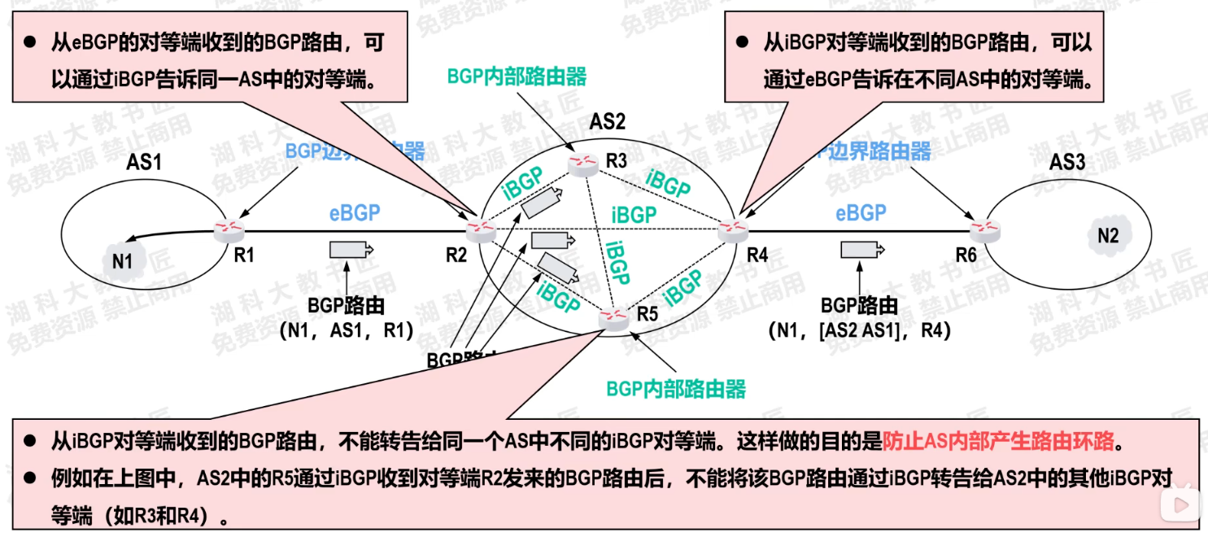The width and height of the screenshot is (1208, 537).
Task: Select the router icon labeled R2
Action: pyautogui.click(x=482, y=231)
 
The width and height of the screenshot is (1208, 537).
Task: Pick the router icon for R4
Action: pyautogui.click(x=734, y=231)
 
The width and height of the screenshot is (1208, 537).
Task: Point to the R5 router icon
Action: pyautogui.click(x=613, y=318)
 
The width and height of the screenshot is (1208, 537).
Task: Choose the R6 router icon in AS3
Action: pyautogui.click(x=986, y=230)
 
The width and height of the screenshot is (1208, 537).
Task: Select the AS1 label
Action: pyautogui.click(x=144, y=162)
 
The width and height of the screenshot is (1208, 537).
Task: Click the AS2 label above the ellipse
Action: pyautogui.click(x=608, y=122)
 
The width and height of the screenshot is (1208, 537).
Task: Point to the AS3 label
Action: pyautogui.click(x=1066, y=162)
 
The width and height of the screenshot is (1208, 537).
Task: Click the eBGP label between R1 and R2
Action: pyautogui.click(x=355, y=213)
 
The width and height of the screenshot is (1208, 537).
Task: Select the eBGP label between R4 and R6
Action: pyautogui.click(x=861, y=213)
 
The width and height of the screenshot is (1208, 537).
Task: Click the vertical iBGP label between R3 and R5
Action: pyautogui.click(x=618, y=262)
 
